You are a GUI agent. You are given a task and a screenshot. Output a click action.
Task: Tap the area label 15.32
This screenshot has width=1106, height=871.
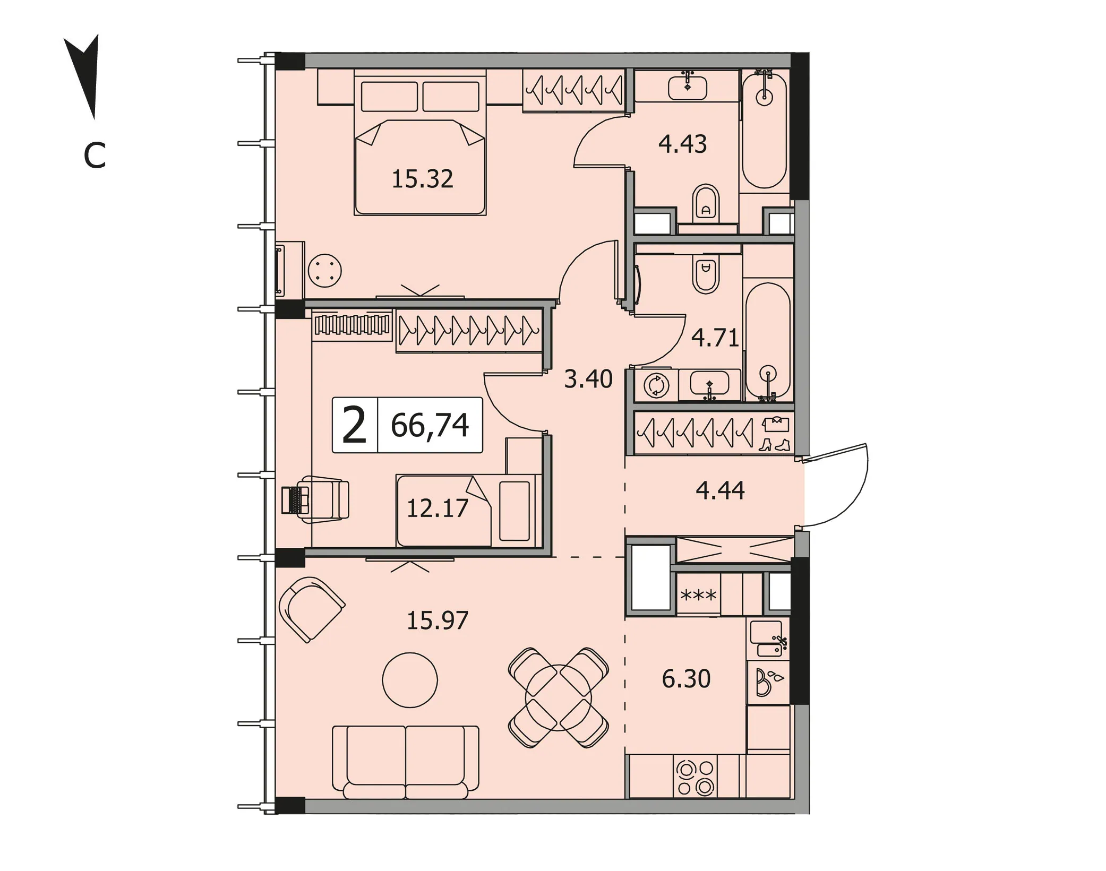pyautogui.click(x=422, y=179)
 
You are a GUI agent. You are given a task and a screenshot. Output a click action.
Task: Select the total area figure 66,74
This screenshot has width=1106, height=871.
pyautogui.click(x=430, y=425)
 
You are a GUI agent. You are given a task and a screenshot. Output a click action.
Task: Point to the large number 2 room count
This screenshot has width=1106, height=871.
pyautogui.click(x=355, y=425)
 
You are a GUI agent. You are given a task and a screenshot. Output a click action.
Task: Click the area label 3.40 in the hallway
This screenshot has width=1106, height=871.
pyautogui.click(x=588, y=379)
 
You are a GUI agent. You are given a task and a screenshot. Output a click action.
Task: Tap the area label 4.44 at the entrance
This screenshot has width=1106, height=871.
pyautogui.click(x=720, y=490)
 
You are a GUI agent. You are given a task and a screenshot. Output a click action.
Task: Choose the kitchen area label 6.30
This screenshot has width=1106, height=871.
pyautogui.click(x=686, y=679)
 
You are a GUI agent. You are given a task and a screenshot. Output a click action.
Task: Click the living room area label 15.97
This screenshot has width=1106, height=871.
pyautogui.click(x=438, y=620)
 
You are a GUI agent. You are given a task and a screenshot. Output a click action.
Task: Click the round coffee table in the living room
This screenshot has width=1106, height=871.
pyautogui.click(x=410, y=680)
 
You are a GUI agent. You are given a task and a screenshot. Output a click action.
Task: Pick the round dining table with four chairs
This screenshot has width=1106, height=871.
pyautogui.click(x=558, y=697)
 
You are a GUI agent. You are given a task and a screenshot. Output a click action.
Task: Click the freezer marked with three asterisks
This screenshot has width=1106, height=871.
pyautogui.click(x=698, y=595)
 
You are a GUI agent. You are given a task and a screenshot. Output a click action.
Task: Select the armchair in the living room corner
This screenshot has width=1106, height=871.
pyautogui.click(x=312, y=609)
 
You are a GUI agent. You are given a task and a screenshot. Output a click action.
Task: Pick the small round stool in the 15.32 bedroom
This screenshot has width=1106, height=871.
pyautogui.click(x=324, y=271)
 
